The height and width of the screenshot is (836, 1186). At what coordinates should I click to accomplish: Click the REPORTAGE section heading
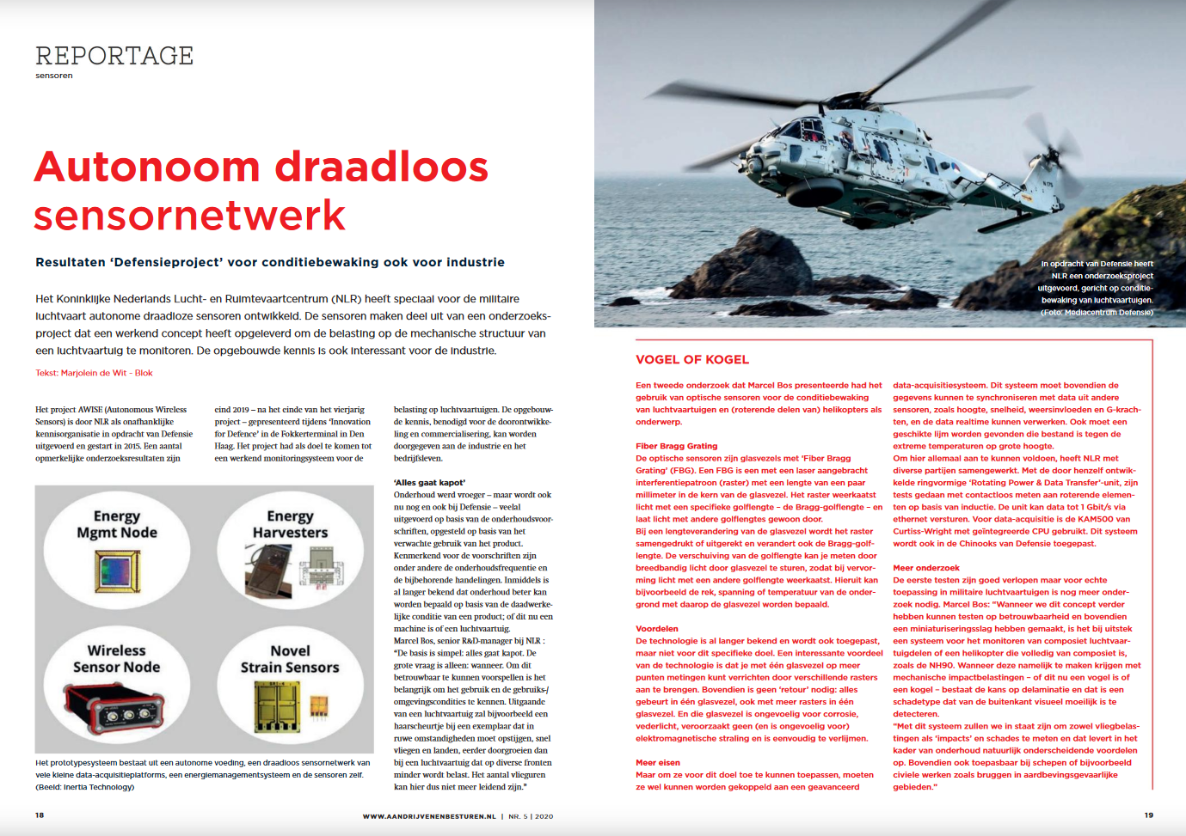114,56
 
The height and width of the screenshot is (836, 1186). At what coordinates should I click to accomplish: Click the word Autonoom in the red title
147,167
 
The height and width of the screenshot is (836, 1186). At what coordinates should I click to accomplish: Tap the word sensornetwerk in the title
189,215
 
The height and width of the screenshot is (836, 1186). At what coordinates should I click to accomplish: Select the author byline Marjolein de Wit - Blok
94,373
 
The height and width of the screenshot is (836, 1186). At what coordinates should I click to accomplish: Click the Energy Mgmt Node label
117,524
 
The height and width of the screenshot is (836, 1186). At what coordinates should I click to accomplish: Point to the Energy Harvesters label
290,524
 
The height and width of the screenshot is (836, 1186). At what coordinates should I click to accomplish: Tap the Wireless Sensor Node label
117,659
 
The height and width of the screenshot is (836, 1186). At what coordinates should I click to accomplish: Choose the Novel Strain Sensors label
290,659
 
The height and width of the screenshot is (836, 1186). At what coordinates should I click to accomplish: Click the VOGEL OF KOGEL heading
692,360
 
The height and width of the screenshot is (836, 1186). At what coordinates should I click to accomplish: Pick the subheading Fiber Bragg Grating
676,446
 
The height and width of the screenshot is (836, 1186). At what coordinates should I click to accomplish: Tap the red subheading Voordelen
657,629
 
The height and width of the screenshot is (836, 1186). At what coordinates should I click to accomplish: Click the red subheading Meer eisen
658,763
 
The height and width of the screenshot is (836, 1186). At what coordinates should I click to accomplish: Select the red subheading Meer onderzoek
926,568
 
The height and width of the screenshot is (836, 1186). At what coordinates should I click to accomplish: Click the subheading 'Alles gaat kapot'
429,483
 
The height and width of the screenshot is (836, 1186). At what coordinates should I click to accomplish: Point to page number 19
1148,815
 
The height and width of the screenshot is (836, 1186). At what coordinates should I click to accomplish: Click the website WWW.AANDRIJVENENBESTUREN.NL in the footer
429,816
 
